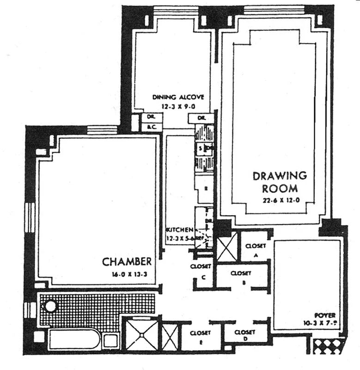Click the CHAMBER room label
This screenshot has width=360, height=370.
(127, 262)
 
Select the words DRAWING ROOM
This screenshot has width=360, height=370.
(279, 182)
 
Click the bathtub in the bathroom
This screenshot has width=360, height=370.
(74, 339)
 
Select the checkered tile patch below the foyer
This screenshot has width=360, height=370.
(328, 345)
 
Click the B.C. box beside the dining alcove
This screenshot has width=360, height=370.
(150, 127)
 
